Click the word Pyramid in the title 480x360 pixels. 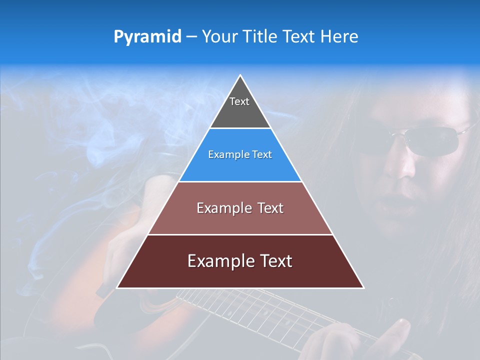click(x=147, y=37)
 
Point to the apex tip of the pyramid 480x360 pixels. click(x=240, y=76)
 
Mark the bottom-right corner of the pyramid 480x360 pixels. click(x=363, y=287)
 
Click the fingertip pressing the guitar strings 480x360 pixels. click(x=400, y=327)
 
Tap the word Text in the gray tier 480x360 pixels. click(x=239, y=101)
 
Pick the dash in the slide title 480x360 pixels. click(x=191, y=37)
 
